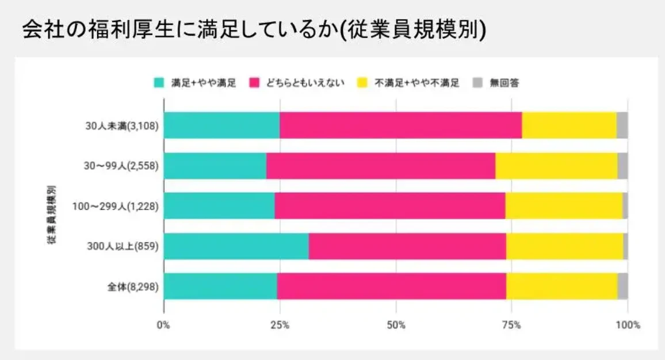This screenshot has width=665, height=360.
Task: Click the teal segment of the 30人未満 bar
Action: pyautogui.click(x=222, y=125)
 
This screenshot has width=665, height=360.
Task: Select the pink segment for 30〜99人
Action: pyautogui.click(x=380, y=166)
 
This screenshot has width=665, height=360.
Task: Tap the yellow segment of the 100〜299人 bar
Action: pyautogui.click(x=564, y=206)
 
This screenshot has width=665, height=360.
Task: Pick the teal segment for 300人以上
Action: pyautogui.click(x=236, y=247)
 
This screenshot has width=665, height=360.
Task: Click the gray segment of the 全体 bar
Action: pyautogui.click(x=622, y=286)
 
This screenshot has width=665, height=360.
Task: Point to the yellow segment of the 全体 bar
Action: pyautogui.click(x=561, y=286)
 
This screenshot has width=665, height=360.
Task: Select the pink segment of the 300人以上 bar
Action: pyautogui.click(x=407, y=247)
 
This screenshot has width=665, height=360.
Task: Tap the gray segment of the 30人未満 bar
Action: pyautogui.click(x=622, y=125)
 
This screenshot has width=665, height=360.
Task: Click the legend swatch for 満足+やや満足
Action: pyautogui.click(x=159, y=82)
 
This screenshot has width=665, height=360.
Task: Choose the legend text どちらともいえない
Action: pyautogui.click(x=305, y=83)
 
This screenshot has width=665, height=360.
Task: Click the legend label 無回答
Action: pyautogui.click(x=505, y=83)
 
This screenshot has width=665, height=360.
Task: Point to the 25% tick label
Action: pyautogui.click(x=280, y=325)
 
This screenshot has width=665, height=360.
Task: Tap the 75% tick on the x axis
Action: pyautogui.click(x=512, y=325)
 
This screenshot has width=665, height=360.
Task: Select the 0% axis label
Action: pyautogui.click(x=164, y=325)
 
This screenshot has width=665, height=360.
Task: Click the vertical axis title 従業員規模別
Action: pyautogui.click(x=51, y=215)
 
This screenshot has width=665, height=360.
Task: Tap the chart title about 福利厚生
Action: pyautogui.click(x=253, y=30)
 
